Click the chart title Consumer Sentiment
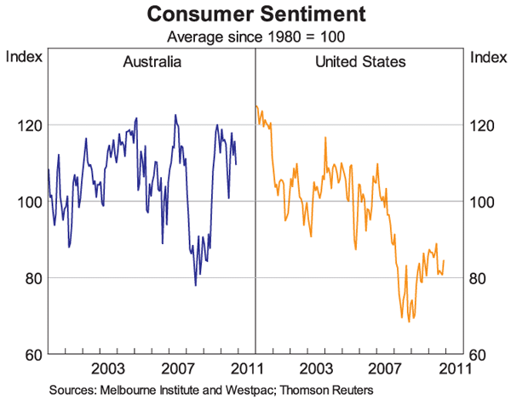click(x=255, y=14)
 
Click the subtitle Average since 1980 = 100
click(x=255, y=37)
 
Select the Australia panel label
click(x=152, y=61)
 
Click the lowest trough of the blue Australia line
click(x=196, y=284)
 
